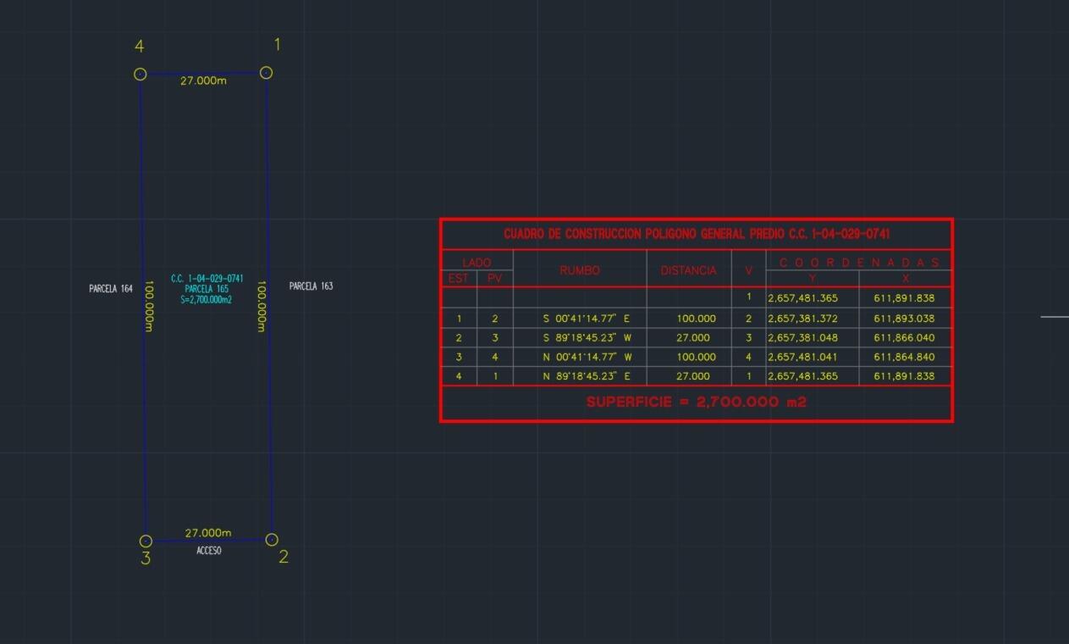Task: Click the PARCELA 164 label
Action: (x=111, y=289)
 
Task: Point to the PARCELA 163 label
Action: (x=311, y=286)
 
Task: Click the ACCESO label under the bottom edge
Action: (x=209, y=551)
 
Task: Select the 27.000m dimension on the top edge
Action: (x=203, y=80)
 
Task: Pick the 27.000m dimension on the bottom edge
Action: (x=208, y=533)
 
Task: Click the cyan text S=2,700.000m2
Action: (x=207, y=300)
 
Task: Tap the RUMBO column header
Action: (x=580, y=270)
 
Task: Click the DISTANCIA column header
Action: (x=689, y=270)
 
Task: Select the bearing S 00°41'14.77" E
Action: (x=587, y=318)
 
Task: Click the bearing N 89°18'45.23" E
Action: (x=587, y=376)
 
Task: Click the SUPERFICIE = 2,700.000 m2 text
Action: (x=697, y=402)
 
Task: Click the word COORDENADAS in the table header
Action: (x=859, y=263)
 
